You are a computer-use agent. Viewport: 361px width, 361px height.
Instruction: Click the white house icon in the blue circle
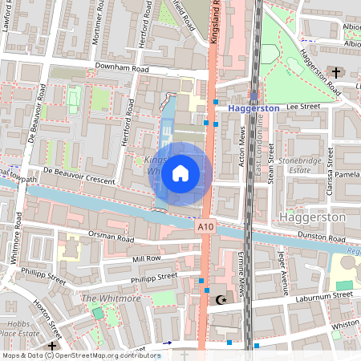(x=180, y=172)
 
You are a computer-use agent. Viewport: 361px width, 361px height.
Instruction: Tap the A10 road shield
(x=205, y=228)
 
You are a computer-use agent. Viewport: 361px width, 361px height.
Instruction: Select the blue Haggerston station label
(x=253, y=107)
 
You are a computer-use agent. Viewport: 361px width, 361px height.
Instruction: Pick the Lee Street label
(x=303, y=105)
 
